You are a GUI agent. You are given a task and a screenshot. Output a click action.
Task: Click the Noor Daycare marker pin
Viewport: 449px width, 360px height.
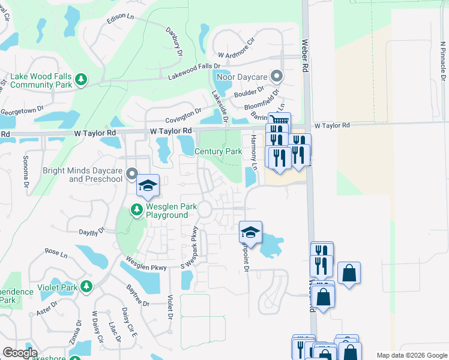click(277, 76)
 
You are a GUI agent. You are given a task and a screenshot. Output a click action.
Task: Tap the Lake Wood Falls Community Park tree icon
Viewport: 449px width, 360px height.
click(82, 79)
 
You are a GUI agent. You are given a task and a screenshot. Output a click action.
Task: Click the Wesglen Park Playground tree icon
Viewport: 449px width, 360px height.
click(137, 210)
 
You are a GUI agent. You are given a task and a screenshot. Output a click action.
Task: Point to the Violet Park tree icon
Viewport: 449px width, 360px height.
click(87, 287)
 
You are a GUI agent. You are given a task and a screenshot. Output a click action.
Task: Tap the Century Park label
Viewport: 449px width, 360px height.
click(218, 152)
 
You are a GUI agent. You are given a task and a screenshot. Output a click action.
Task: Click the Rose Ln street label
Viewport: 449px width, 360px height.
click(56, 253)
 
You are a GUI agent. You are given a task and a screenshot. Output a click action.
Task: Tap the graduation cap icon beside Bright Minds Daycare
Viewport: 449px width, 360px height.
click(148, 185)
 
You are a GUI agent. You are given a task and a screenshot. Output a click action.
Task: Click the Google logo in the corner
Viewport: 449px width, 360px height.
click(20, 353)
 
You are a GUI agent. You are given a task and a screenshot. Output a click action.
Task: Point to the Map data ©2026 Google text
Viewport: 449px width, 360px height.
click(411, 355)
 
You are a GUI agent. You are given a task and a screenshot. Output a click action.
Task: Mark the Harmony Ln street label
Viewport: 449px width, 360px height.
click(253, 151)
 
